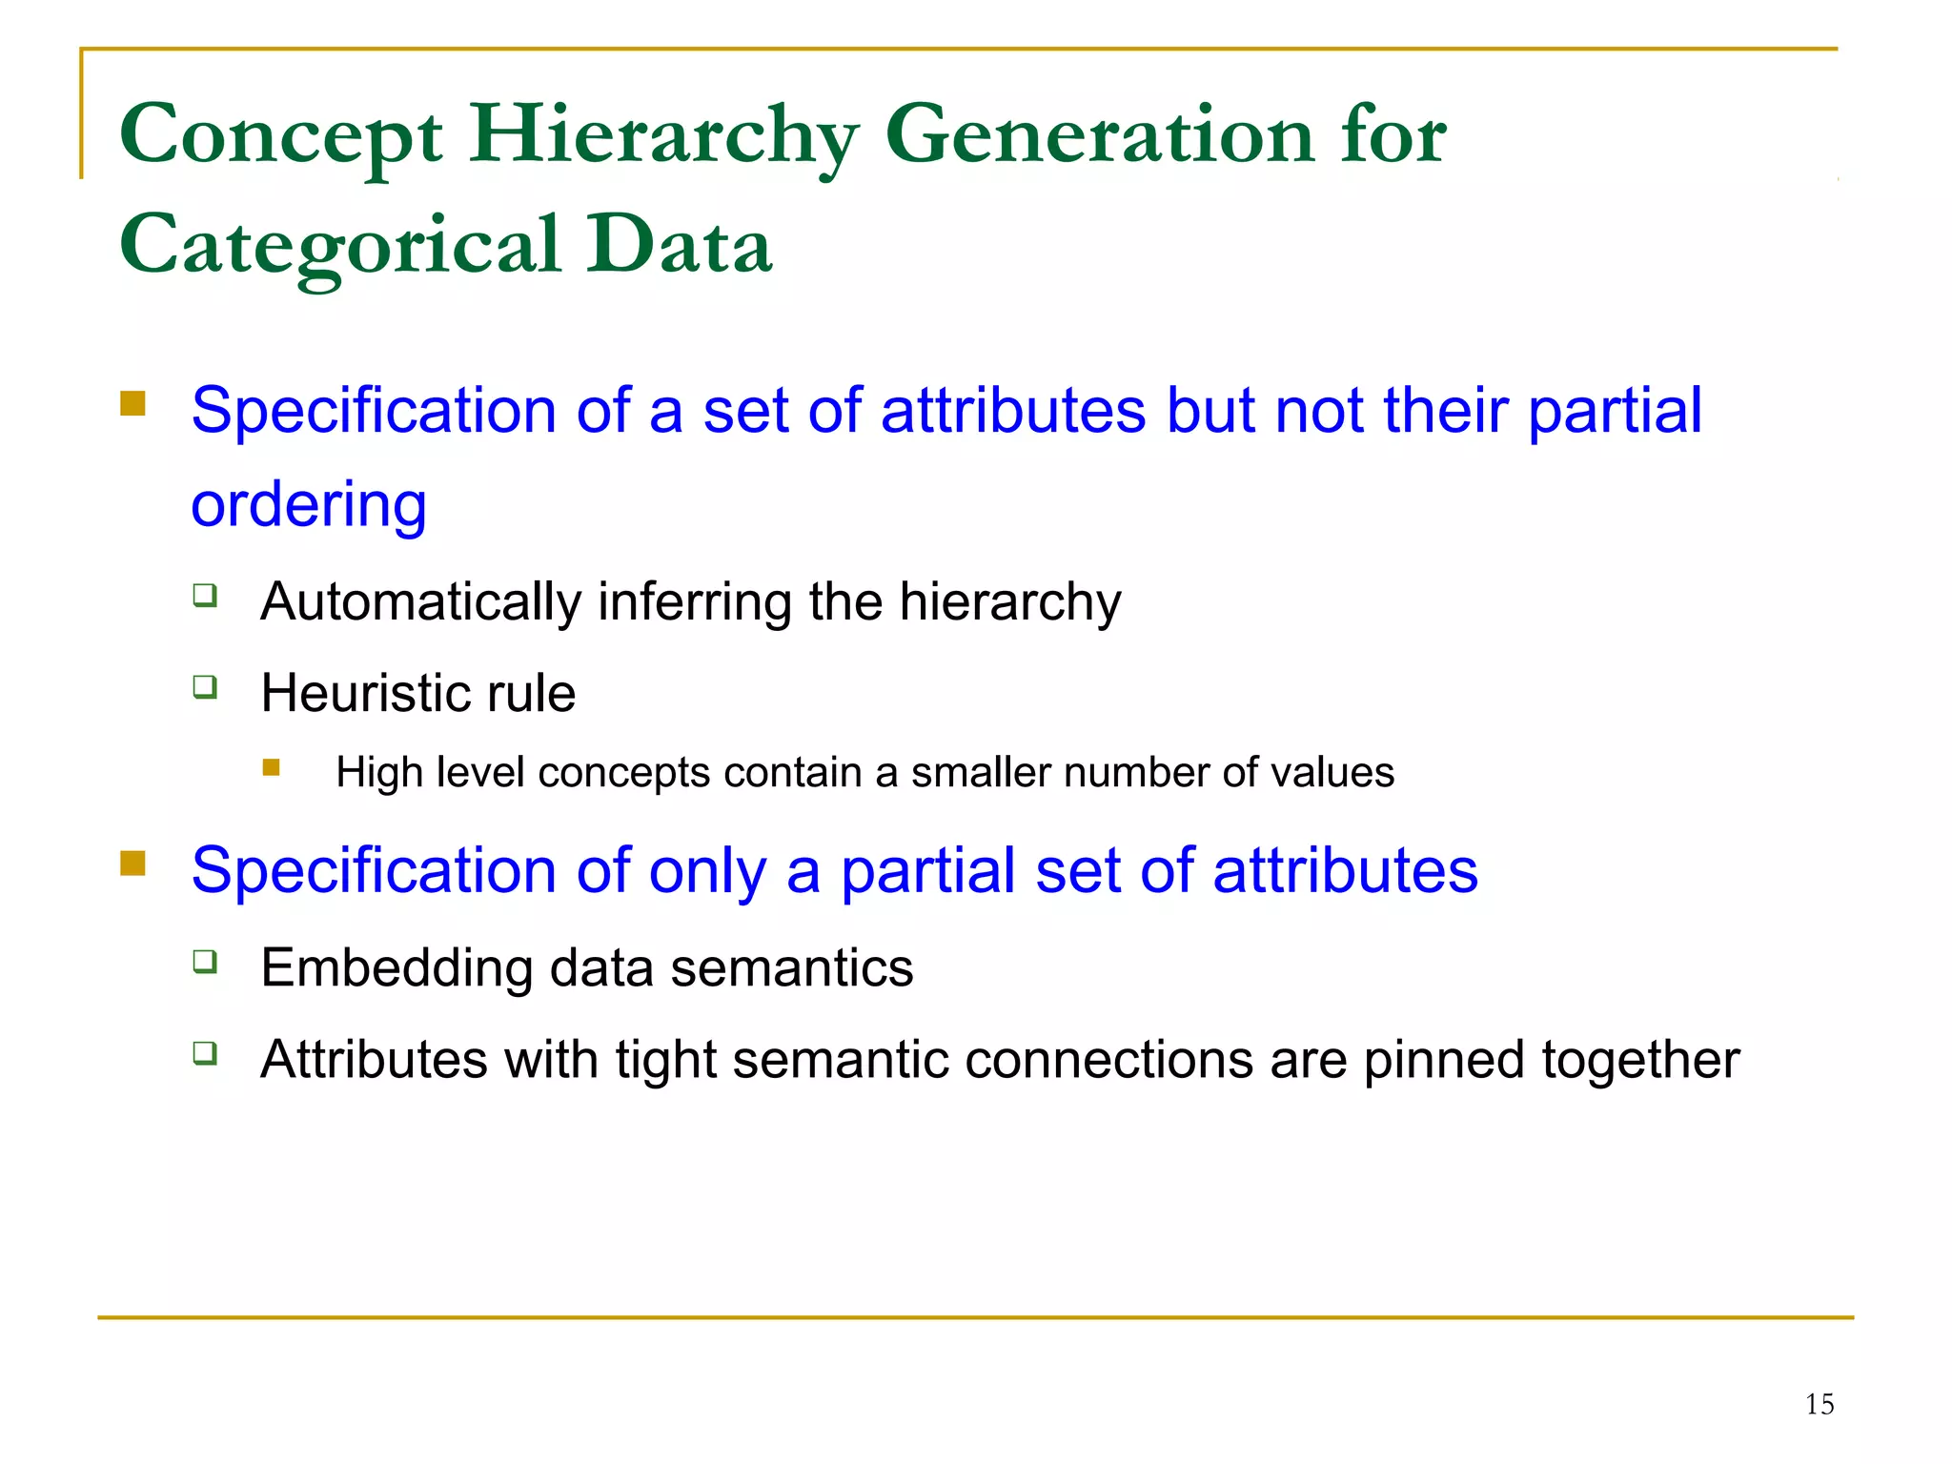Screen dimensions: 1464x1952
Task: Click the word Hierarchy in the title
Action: [664, 135]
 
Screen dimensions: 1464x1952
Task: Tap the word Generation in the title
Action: [1098, 135]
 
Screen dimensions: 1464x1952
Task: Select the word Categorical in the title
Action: [340, 246]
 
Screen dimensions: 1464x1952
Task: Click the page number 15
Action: [1819, 1404]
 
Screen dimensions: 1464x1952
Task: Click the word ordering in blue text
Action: [309, 505]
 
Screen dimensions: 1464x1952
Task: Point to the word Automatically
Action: [420, 602]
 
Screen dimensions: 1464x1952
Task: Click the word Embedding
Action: [396, 968]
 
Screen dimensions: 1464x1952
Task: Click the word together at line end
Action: [1640, 1060]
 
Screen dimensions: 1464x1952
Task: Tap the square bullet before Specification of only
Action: [132, 864]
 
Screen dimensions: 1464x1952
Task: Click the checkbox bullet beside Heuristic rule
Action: [205, 686]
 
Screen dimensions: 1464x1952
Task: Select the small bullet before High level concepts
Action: [272, 767]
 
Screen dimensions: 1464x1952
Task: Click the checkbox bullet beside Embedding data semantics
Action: [205, 961]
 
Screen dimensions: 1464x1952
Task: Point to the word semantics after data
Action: [791, 968]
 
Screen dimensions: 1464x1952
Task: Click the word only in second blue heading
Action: [707, 871]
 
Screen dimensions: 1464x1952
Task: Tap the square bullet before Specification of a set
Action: [132, 403]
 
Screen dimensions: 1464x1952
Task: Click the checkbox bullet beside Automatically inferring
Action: [205, 596]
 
